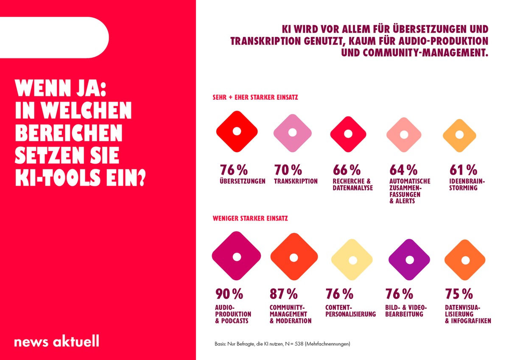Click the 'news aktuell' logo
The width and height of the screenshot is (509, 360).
(x=56, y=342)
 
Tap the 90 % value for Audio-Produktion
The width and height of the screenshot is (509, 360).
(x=229, y=293)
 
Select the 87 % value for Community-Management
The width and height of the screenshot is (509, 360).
(x=284, y=293)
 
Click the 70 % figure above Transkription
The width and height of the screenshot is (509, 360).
(x=288, y=170)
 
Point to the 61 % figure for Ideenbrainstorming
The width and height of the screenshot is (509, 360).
(x=463, y=170)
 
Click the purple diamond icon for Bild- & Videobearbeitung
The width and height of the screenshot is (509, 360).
(x=409, y=260)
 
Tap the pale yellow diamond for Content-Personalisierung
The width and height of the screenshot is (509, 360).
(x=352, y=260)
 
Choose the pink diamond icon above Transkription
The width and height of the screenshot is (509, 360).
(x=292, y=132)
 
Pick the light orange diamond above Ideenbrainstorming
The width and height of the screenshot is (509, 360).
(x=460, y=134)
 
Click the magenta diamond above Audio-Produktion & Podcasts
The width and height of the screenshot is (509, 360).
(x=236, y=257)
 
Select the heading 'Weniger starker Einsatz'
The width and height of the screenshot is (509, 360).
(x=250, y=219)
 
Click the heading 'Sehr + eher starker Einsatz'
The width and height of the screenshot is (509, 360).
(x=255, y=98)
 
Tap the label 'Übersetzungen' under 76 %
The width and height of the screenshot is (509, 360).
(x=243, y=181)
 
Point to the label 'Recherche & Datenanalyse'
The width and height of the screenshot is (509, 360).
(x=353, y=184)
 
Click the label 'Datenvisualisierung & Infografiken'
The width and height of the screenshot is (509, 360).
(x=467, y=314)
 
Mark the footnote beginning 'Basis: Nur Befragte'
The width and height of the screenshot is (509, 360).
(x=282, y=343)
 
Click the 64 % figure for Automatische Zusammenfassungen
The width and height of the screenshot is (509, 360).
(x=403, y=170)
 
